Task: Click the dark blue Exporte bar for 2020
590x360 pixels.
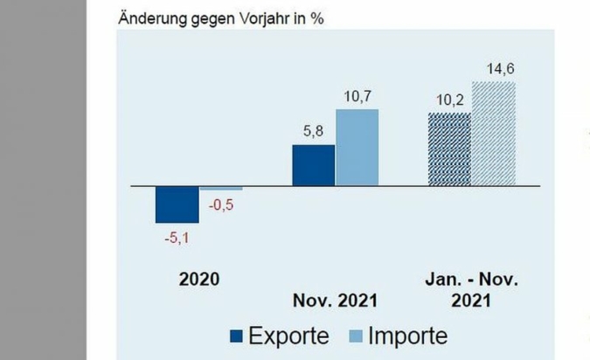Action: tap(177, 204)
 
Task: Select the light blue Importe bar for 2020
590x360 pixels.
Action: tap(221, 189)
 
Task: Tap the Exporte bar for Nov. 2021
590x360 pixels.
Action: tap(313, 165)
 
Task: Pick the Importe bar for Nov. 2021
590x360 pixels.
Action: tap(357, 148)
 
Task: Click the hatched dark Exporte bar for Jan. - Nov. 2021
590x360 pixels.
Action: tap(449, 149)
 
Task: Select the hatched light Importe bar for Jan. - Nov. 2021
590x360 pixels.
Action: tap(494, 134)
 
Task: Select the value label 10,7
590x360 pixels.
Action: tap(357, 95)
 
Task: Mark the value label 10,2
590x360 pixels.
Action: tap(449, 100)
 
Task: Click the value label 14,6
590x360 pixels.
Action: tap(495, 68)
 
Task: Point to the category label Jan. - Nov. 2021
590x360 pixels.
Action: tap(472, 290)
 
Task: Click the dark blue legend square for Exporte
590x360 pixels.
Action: tap(235, 336)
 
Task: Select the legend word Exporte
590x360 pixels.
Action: tap(288, 336)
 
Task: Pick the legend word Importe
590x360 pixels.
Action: tap(409, 336)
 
